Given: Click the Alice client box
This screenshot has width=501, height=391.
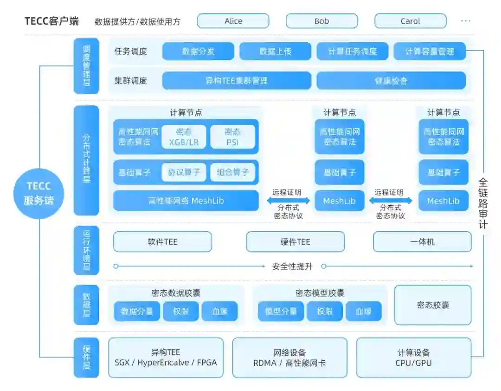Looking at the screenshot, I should point(233,21).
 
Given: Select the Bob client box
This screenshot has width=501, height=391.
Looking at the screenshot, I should point(321,21).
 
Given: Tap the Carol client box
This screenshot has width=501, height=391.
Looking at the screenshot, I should point(410,21).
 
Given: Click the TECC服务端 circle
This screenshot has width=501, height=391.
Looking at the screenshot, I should point(39,194).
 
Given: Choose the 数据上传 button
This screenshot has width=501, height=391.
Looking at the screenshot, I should point(275,52).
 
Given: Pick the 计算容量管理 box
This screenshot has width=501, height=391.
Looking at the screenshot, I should point(430,52).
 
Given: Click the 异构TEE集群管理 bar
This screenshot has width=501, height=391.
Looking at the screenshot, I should point(237,80).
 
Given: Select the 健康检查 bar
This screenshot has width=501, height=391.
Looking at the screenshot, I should point(391,80).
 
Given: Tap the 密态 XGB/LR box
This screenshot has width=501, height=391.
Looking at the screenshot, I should point(184,137).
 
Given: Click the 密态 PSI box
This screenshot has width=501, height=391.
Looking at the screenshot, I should point(232,137).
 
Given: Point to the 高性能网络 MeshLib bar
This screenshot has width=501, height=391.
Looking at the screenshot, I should point(186,201).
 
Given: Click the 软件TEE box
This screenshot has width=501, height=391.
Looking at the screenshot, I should point(162,242).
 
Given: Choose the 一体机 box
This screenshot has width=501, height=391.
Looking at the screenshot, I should point(422,242).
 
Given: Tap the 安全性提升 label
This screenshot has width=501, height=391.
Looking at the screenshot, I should point(292,267).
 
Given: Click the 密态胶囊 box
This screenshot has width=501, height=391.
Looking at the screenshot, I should point(432,305).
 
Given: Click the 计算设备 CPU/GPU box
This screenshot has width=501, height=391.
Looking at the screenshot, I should point(413,358).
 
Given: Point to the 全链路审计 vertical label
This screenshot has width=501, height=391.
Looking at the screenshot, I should point(483,203).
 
